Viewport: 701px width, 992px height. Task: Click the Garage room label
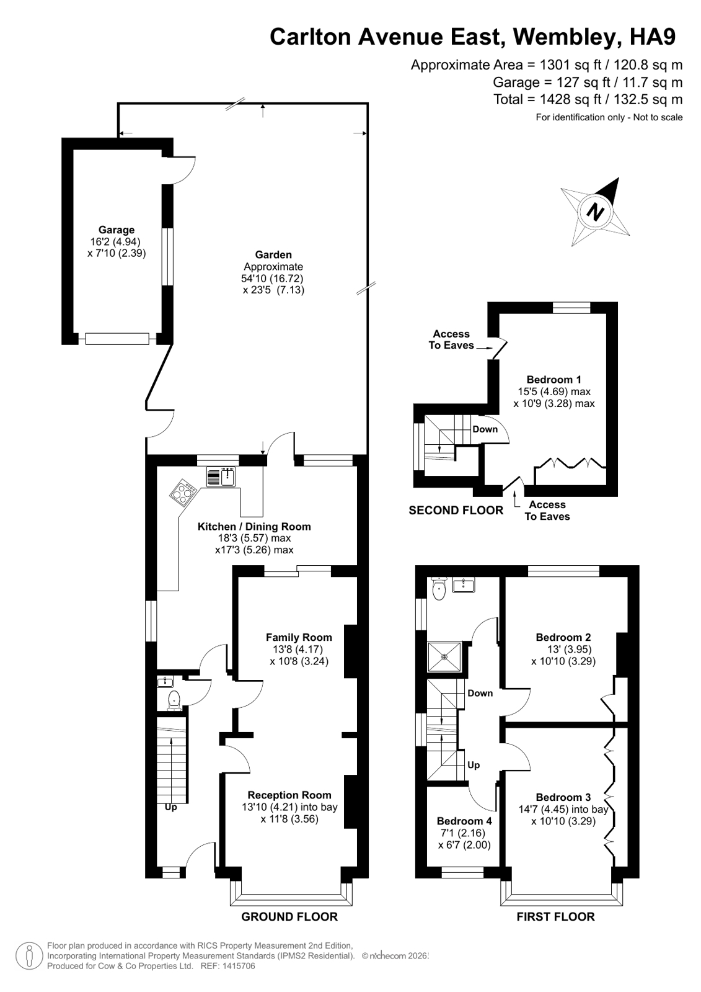tap(116, 230)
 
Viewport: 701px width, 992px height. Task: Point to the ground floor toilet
tap(174, 699)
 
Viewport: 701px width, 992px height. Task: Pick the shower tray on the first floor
tap(444, 657)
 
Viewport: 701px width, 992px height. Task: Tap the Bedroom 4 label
tap(464, 821)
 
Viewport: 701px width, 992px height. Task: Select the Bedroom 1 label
tap(553, 380)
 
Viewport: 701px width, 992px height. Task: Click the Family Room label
tap(299, 637)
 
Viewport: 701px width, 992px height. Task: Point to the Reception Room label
tap(289, 795)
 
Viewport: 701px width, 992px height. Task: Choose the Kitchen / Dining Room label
tap(254, 527)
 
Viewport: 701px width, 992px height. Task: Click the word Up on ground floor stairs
tap(171, 807)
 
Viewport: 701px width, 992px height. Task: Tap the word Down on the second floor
tap(485, 429)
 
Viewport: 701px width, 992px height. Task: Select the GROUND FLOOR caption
tap(289, 917)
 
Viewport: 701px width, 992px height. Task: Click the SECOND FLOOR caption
tap(456, 511)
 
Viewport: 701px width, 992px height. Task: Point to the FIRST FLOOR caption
tap(555, 917)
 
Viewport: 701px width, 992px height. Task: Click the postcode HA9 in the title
tap(653, 37)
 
